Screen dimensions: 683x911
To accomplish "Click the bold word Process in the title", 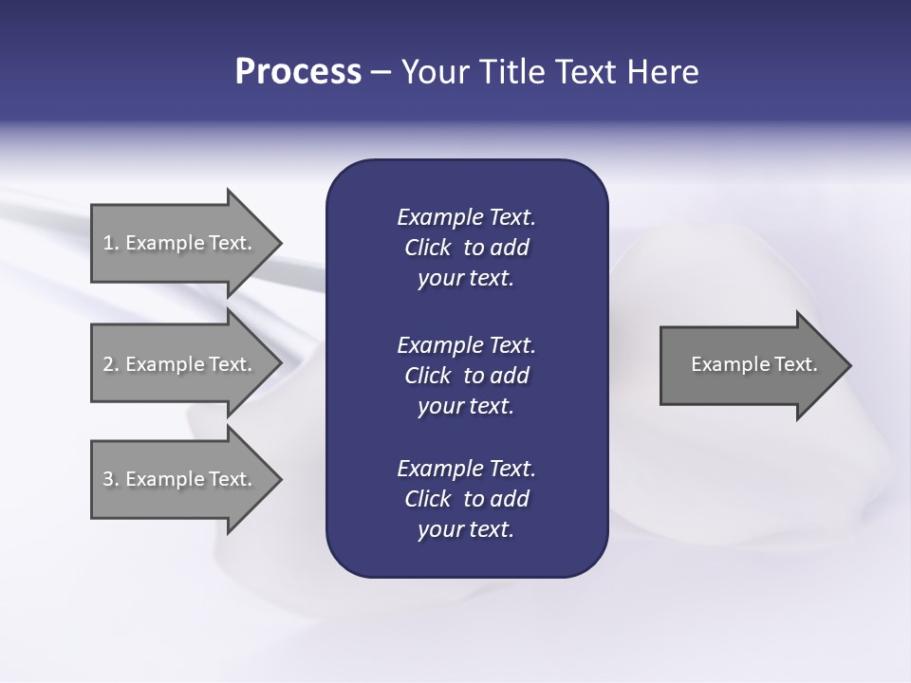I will (x=298, y=72).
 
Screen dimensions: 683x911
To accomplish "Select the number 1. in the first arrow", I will (x=110, y=243).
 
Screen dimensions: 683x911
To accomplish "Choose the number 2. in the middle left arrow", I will (x=110, y=364).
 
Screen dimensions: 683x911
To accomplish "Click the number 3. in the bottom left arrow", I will (x=110, y=479).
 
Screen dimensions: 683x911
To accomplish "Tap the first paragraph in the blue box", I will (x=466, y=248).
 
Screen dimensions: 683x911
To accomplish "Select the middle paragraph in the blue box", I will (x=466, y=376).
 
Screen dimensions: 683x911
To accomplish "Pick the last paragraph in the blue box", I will (x=466, y=499).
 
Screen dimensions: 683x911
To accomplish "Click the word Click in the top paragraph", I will (x=427, y=249).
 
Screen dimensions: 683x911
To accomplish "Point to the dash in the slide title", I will (x=381, y=73).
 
